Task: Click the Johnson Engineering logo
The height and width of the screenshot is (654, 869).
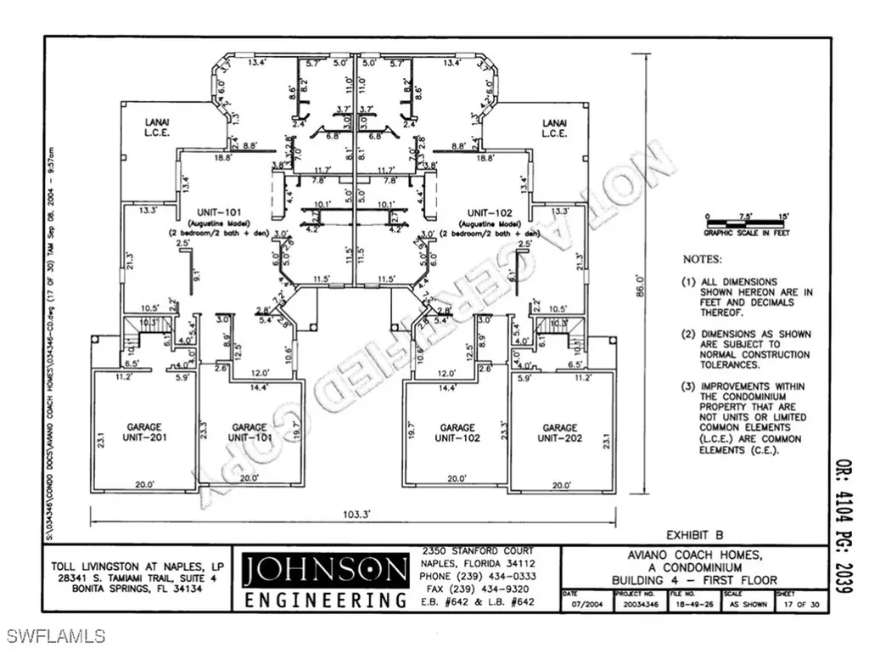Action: tap(324, 579)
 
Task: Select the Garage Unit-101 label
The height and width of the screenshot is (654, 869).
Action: tap(249, 432)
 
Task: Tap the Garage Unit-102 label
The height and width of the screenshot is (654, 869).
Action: tap(459, 432)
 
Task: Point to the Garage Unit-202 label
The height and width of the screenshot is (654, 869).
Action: tap(559, 432)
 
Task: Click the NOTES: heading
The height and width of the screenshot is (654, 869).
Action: tap(703, 258)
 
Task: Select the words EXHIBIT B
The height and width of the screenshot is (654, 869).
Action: tap(693, 535)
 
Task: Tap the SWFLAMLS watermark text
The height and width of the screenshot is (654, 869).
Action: tap(54, 635)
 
